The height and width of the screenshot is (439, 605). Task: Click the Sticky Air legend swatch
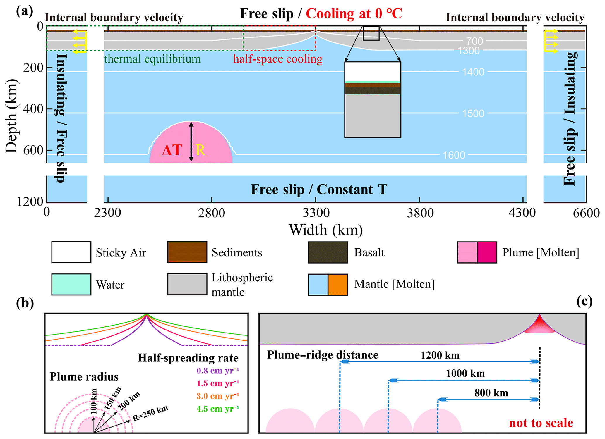(71, 252)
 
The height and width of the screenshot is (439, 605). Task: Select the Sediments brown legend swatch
(187, 252)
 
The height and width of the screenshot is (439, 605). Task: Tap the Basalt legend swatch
(328, 252)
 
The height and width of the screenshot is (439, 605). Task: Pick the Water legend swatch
(71, 284)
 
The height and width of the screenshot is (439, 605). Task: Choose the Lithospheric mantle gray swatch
(187, 284)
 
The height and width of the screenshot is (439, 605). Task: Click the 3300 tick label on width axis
(316, 213)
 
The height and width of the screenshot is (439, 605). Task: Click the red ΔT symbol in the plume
(172, 150)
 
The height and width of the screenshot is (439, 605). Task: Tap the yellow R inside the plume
(201, 150)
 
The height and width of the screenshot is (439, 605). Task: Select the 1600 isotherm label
(454, 155)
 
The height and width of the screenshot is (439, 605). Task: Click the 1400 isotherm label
(473, 72)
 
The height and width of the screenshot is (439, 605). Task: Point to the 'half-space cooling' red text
(277, 59)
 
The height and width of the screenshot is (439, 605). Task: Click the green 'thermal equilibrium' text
(152, 59)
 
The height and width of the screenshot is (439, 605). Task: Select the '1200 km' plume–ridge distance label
(440, 355)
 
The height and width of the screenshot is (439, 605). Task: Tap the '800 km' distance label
(491, 393)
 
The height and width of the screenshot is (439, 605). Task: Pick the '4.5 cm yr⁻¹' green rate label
(218, 409)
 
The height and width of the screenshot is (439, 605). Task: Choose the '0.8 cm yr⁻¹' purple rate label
(218, 371)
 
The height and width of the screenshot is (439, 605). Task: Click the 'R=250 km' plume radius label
(150, 413)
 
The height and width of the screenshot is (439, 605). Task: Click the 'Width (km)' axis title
(326, 230)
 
